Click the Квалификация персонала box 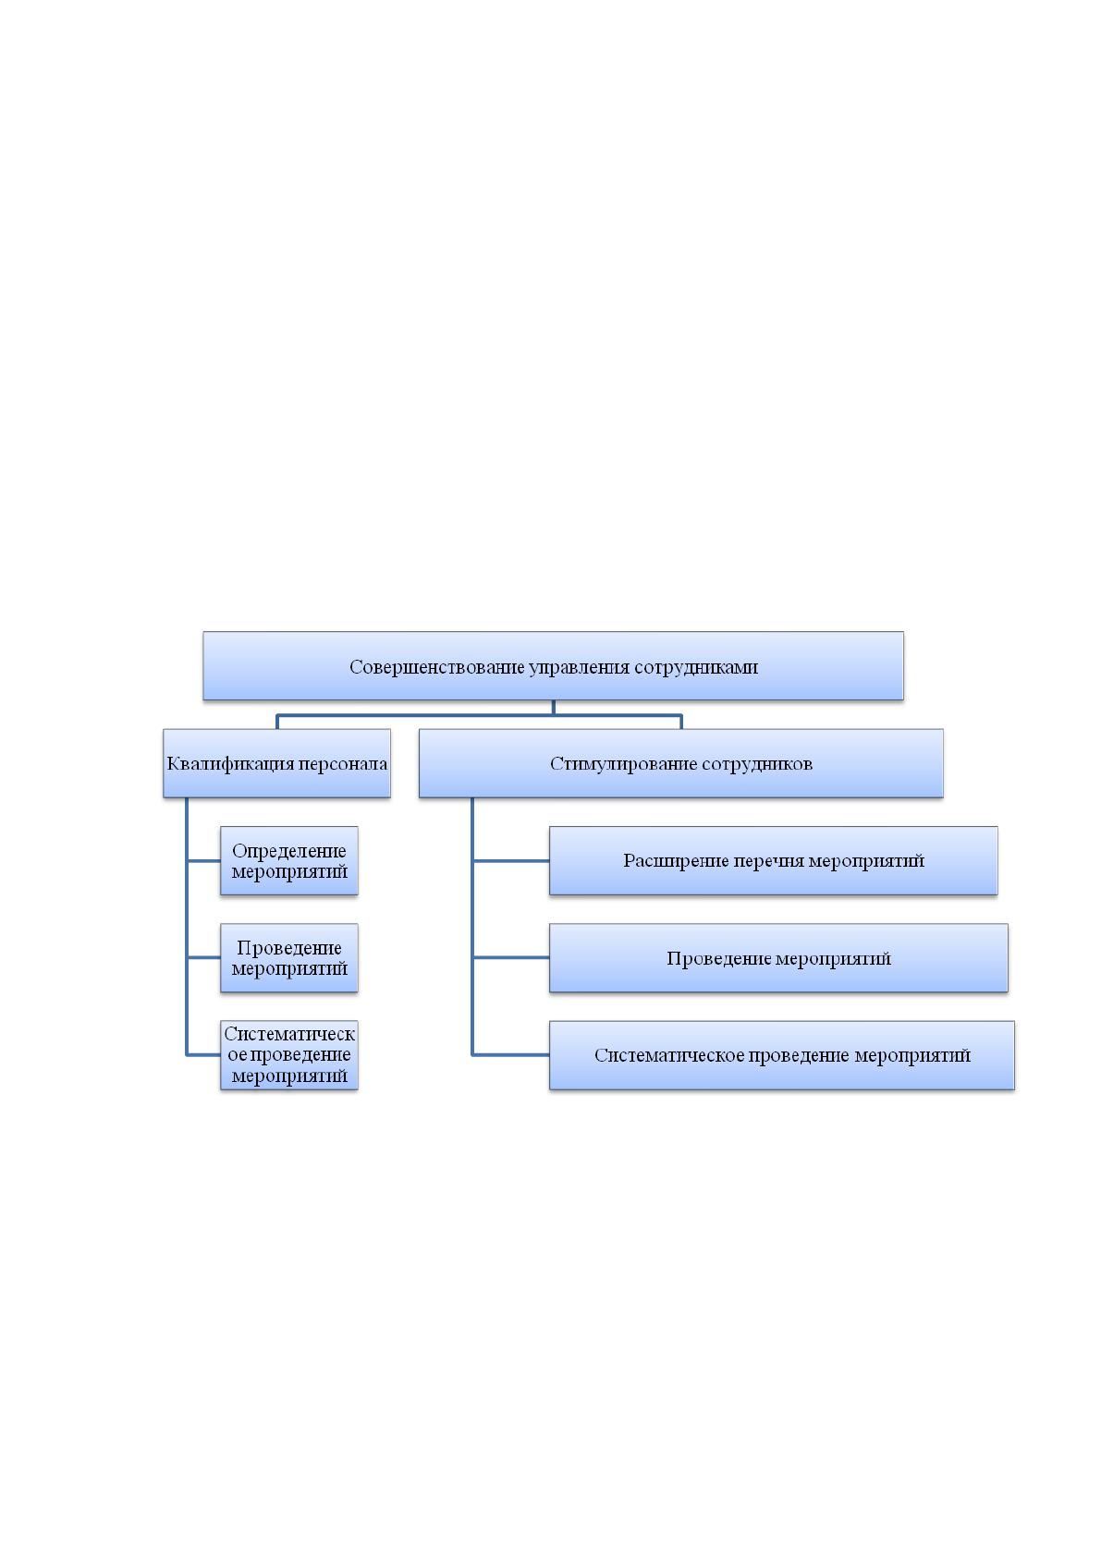[x=276, y=762]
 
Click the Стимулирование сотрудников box [x=681, y=762]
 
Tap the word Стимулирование [x=623, y=764]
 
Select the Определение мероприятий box [x=289, y=860]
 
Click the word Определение [x=289, y=851]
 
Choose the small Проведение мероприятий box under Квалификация [x=289, y=958]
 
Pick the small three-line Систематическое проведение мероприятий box [x=289, y=1055]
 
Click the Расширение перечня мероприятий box [x=774, y=860]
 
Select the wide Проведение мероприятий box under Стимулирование [x=778, y=958]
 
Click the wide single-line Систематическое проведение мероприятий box [x=782, y=1055]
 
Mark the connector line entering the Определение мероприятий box [x=203, y=860]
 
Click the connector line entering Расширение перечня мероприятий [x=511, y=860]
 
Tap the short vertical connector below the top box [x=554, y=707]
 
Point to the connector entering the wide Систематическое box [x=511, y=1055]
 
